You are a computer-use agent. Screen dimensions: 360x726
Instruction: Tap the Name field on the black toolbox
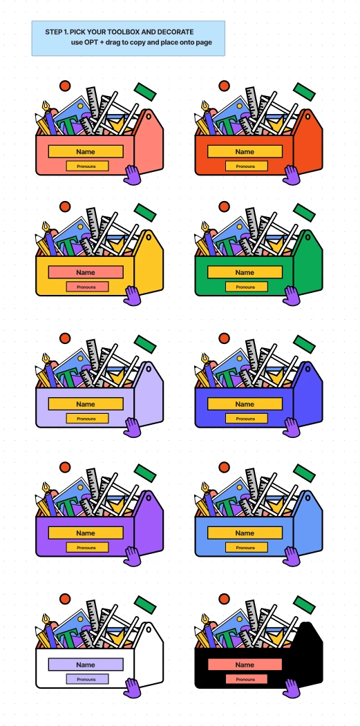coord(245,665)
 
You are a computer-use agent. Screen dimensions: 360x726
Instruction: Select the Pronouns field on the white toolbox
coord(87,679)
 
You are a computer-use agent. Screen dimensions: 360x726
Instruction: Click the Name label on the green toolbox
coord(245,272)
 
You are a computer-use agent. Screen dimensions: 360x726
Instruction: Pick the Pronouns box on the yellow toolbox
coord(87,287)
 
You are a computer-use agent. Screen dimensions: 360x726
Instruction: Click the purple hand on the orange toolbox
coord(292,175)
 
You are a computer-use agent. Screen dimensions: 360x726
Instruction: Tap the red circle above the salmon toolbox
coord(65,86)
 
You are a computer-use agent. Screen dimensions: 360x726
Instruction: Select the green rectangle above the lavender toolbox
coord(145,344)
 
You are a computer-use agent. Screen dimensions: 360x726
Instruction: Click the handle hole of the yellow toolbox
coord(149,237)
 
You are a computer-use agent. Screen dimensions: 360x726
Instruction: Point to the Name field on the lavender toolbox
coord(86,403)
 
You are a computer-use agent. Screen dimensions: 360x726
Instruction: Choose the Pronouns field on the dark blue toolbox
coord(247,419)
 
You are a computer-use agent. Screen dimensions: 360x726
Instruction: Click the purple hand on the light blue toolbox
coord(292,556)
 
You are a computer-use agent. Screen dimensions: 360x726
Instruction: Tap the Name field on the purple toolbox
coord(86,533)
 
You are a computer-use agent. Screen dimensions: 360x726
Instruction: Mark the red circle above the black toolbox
coord(225,599)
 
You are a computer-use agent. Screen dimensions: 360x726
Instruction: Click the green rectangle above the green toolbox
coord(305,213)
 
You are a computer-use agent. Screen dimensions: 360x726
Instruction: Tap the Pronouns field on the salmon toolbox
coord(87,166)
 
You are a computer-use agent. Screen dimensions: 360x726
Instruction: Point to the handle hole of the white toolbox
coord(149,629)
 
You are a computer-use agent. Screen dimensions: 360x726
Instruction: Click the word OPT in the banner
coord(91,42)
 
